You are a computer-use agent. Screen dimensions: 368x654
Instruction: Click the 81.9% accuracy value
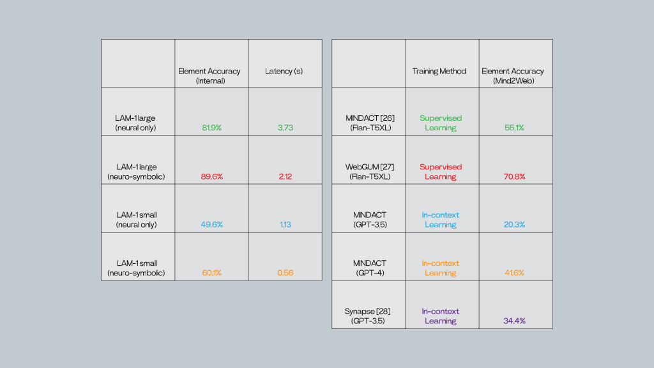211,128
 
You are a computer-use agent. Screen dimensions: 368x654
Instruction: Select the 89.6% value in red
211,176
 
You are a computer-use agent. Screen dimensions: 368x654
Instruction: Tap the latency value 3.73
285,128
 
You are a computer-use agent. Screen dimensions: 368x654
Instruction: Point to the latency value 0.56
285,273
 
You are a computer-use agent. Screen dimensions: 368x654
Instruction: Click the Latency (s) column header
284,72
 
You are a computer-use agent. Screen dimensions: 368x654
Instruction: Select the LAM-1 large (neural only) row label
136,123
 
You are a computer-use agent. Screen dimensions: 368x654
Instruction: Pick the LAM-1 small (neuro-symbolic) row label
136,268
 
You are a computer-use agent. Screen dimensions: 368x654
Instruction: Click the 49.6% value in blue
211,224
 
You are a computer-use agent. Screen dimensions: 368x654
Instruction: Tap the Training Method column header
439,72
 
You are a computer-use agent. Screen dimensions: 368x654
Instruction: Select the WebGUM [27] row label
367,171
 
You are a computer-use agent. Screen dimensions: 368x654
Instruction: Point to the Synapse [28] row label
367,316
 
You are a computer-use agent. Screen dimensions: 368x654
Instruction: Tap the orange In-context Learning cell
441,268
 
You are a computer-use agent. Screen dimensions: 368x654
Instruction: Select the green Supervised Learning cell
441,123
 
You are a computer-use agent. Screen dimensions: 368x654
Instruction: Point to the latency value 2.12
285,176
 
